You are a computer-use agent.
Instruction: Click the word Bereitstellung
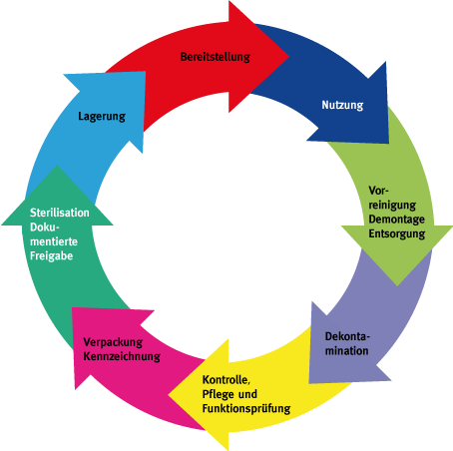pyautogui.click(x=215, y=57)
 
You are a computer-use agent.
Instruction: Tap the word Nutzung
pyautogui.click(x=342, y=105)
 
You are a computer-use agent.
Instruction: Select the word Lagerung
pyautogui.click(x=102, y=117)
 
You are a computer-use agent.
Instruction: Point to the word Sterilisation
pyautogui.click(x=60, y=213)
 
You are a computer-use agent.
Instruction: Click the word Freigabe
pyautogui.click(x=51, y=256)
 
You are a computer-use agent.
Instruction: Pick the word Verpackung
pyautogui.click(x=113, y=342)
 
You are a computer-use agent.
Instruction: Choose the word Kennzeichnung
pyautogui.click(x=122, y=356)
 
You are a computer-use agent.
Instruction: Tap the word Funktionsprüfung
pyautogui.click(x=246, y=408)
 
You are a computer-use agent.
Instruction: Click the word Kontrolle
pyautogui.click(x=226, y=380)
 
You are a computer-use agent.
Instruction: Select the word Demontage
pyautogui.click(x=396, y=220)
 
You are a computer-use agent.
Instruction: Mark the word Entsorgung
pyautogui.click(x=397, y=233)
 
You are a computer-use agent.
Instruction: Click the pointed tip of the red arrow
pyautogui.click(x=288, y=57)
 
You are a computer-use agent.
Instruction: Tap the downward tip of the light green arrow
pyautogui.click(x=397, y=285)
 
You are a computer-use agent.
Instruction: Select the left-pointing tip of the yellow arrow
pyautogui.click(x=169, y=395)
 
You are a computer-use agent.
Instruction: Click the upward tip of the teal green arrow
pyautogui.click(x=57, y=166)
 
